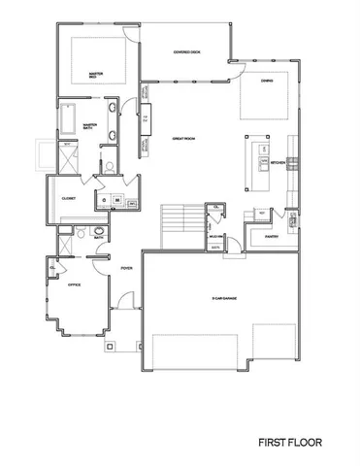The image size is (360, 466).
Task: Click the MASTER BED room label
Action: coord(95,73)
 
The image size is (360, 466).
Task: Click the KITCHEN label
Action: coord(278,162)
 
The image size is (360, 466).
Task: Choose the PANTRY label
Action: coord(271,235)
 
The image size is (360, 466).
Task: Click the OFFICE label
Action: coord(75,285)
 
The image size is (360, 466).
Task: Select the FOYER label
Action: coord(126,267)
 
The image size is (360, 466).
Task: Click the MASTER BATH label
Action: coord(89,124)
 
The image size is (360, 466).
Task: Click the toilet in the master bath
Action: coord(110,167)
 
